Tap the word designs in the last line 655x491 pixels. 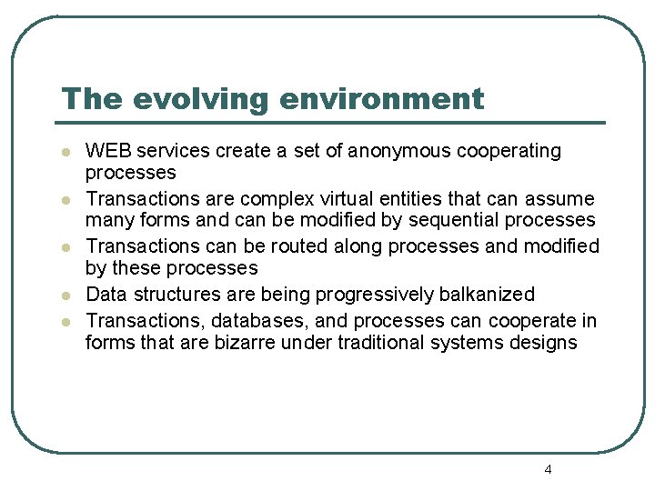(544, 343)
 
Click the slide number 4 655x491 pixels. (548, 470)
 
